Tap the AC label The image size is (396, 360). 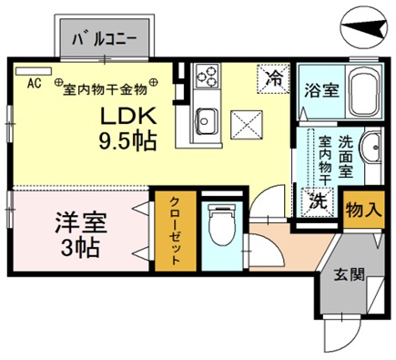pyautogui.click(x=34, y=84)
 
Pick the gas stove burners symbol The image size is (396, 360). pyautogui.click(x=205, y=76)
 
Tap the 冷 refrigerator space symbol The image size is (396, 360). pyautogui.click(x=273, y=78)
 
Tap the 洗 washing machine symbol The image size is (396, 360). pyautogui.click(x=320, y=201)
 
